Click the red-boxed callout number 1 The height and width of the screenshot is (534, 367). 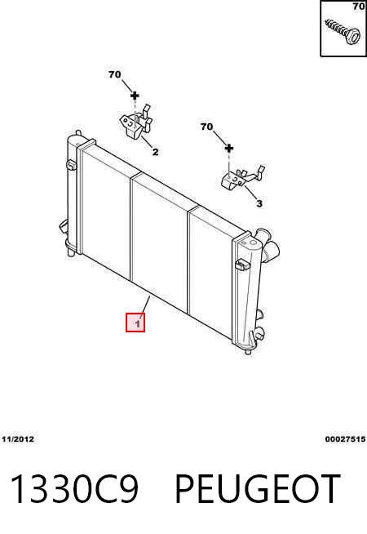pyautogui.click(x=135, y=323)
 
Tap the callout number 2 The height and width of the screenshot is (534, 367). pyautogui.click(x=155, y=152)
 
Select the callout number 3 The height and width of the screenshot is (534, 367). pyautogui.click(x=259, y=203)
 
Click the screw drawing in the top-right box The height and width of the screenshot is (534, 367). pyautogui.click(x=343, y=32)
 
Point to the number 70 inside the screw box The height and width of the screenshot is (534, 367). pyautogui.click(x=359, y=7)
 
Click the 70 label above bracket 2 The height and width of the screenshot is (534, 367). pyautogui.click(x=115, y=74)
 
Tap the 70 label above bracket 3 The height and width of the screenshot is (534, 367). pyautogui.click(x=206, y=127)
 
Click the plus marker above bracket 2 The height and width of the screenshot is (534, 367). pyautogui.click(x=135, y=96)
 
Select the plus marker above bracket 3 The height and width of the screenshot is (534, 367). pyautogui.click(x=229, y=148)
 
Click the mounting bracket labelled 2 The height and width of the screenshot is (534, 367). pyautogui.click(x=136, y=122)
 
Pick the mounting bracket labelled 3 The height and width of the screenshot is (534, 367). pyautogui.click(x=242, y=178)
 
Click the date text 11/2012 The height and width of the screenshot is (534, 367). pyautogui.click(x=18, y=439)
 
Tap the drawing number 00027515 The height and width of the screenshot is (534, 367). pyautogui.click(x=345, y=439)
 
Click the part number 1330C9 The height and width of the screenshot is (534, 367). pyautogui.click(x=75, y=488)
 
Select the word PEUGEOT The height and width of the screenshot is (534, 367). pyautogui.click(x=257, y=488)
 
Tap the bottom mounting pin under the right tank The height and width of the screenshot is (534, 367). pyautogui.click(x=248, y=351)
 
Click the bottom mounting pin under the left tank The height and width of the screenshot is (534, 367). pyautogui.click(x=71, y=252)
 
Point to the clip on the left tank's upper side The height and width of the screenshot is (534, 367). pyautogui.click(x=72, y=165)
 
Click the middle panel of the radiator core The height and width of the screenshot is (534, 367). pyautogui.click(x=159, y=241)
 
